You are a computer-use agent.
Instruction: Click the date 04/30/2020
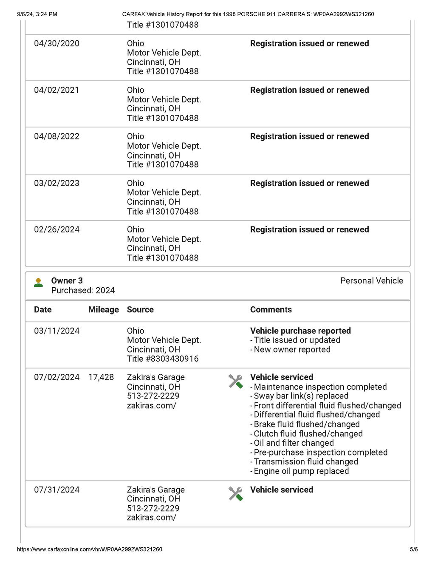(56, 43)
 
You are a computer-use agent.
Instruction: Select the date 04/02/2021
(56, 90)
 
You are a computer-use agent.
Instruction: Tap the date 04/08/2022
(56, 136)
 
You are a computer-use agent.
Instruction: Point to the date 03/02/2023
(56, 183)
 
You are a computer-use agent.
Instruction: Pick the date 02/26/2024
(56, 229)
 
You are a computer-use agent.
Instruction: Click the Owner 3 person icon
(38, 283)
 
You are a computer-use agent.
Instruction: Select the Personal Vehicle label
(372, 280)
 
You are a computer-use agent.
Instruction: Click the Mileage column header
(103, 310)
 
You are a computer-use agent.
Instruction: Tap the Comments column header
(271, 310)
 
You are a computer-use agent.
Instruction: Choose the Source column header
(140, 310)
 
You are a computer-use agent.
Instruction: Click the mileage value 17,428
(101, 377)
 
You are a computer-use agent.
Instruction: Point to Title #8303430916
(163, 359)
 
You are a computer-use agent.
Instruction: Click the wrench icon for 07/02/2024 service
(235, 381)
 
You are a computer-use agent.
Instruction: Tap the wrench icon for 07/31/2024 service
(235, 493)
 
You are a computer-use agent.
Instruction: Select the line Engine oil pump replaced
(301, 471)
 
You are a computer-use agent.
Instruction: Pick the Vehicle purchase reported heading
(300, 331)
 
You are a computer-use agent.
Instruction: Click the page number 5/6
(413, 549)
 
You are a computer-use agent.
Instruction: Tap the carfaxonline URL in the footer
(90, 549)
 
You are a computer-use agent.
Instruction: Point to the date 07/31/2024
(56, 490)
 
